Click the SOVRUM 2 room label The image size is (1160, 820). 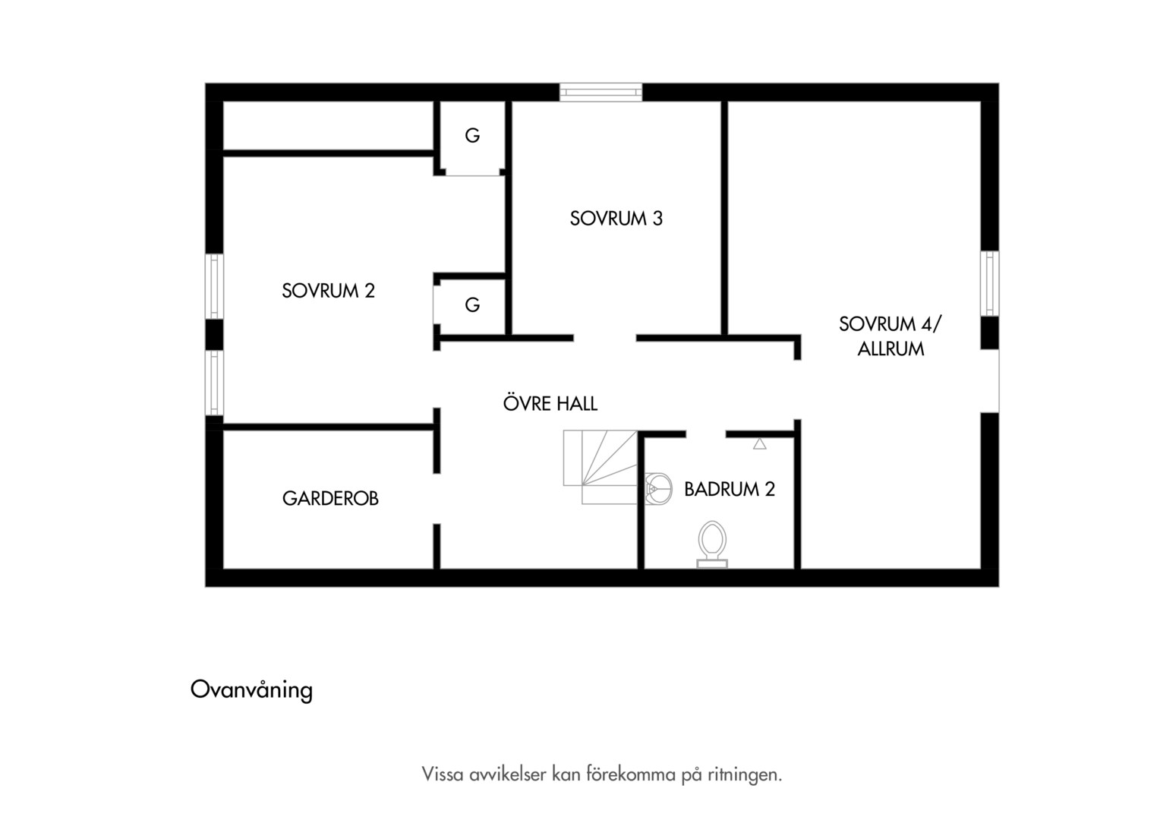[x=328, y=291]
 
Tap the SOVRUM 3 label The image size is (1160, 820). [x=616, y=219]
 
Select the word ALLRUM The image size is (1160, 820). [x=890, y=349]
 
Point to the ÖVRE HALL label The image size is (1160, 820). [x=550, y=403]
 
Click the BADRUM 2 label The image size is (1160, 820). [x=730, y=489]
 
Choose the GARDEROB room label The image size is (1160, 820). [x=330, y=498]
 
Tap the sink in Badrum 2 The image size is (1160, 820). [x=658, y=488]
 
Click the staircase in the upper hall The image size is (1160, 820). [x=600, y=467]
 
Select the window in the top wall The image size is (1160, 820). [x=600, y=92]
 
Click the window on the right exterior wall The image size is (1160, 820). [x=990, y=283]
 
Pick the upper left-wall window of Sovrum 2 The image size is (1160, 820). [x=214, y=286]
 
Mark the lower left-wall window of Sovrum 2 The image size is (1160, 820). [x=214, y=383]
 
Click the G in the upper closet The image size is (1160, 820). [x=472, y=136]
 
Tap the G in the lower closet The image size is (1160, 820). [x=472, y=304]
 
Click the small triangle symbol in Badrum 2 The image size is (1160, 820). [x=760, y=444]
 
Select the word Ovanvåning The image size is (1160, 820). [x=252, y=690]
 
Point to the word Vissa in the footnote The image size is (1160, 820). [x=443, y=775]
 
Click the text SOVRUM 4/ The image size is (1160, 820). [x=890, y=324]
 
